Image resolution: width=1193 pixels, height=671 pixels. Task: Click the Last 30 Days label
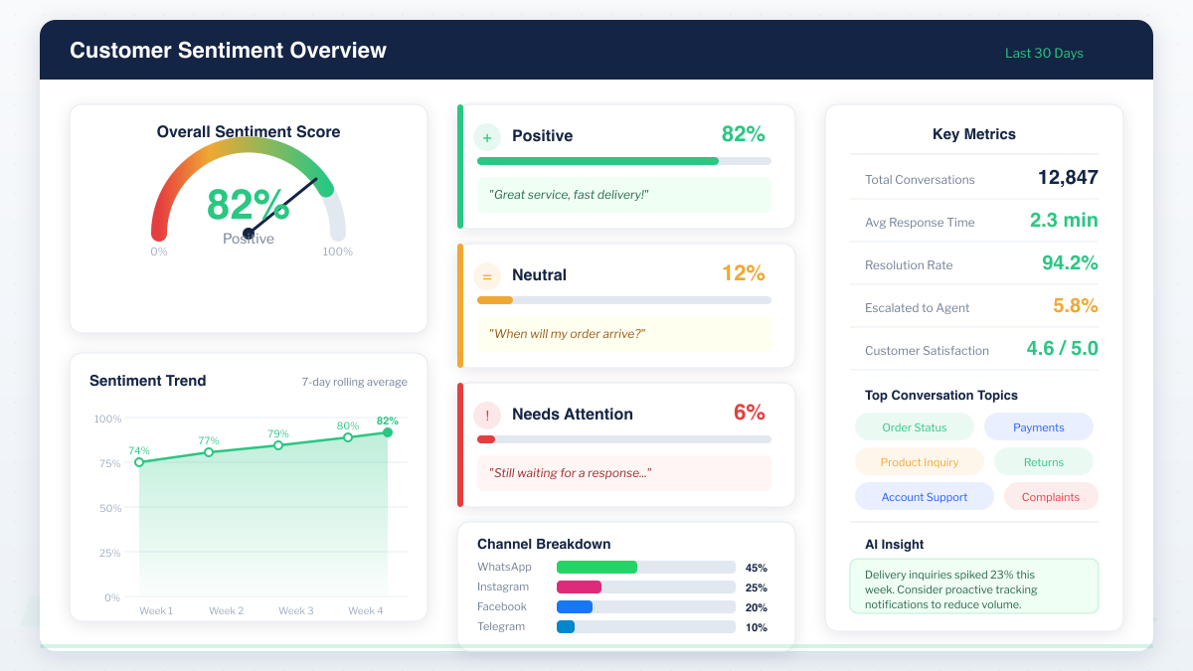tap(1044, 54)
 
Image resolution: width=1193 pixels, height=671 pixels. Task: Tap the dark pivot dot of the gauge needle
tap(249, 234)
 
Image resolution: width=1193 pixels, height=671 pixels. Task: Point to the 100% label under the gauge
tap(337, 252)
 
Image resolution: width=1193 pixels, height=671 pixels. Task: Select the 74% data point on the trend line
tap(139, 462)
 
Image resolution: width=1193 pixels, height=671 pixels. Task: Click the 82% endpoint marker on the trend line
tap(388, 432)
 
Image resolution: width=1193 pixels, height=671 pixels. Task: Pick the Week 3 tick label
tap(296, 610)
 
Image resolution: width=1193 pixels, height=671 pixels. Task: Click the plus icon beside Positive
tap(487, 136)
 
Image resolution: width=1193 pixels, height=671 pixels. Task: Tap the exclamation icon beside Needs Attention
tap(487, 415)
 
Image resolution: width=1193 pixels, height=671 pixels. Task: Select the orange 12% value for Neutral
tap(744, 273)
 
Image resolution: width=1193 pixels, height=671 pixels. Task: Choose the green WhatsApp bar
tap(596, 568)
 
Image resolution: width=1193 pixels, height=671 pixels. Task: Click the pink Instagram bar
tap(579, 587)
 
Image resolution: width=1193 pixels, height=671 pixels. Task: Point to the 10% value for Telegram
tap(757, 627)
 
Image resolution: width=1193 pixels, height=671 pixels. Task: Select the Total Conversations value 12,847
tap(1068, 178)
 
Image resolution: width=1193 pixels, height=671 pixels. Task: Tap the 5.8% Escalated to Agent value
tap(1076, 306)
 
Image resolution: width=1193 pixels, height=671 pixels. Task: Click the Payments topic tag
tap(1039, 427)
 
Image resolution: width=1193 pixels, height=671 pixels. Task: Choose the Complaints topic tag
tap(1051, 497)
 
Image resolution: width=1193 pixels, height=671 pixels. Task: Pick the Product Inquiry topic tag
tap(920, 462)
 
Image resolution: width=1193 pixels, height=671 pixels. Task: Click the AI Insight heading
tap(895, 545)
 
